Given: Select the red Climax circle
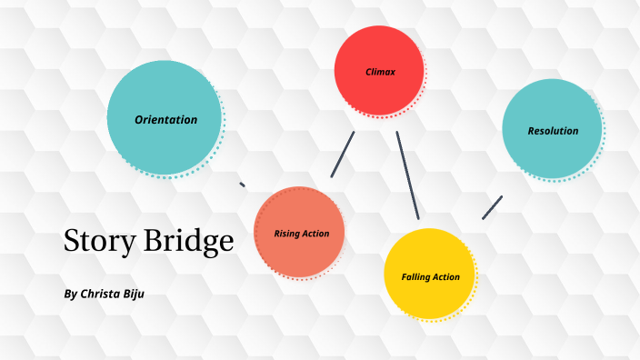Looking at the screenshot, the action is (380, 70).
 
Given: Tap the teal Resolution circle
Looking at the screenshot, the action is (552, 130).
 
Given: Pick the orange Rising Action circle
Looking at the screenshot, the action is (299, 233).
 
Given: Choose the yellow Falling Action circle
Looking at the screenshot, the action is (429, 275).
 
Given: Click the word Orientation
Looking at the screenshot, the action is (165, 119).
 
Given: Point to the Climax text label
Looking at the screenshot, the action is (381, 71).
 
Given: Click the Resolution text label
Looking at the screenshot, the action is (553, 131).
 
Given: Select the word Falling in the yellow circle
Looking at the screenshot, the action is (416, 276).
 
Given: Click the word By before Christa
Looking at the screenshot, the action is (72, 295).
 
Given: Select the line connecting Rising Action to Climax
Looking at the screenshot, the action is (342, 155).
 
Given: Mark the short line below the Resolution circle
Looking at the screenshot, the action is (492, 207).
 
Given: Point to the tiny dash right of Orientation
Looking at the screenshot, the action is (242, 185).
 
